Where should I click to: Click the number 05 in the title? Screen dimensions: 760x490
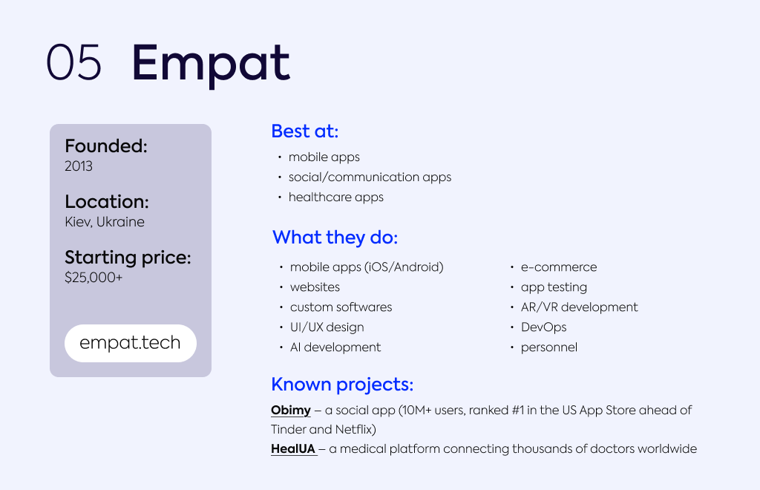(x=73, y=62)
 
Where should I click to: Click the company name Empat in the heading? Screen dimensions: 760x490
(x=211, y=65)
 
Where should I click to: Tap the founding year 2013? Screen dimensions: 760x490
(x=79, y=166)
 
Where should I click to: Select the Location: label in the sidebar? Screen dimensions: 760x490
(x=107, y=202)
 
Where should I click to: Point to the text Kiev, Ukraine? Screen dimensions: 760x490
(x=105, y=222)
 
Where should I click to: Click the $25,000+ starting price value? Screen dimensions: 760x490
(x=94, y=277)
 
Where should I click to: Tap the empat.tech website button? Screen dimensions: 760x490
(x=131, y=343)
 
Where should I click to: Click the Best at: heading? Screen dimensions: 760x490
(x=305, y=131)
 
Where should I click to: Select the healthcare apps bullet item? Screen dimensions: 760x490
(x=336, y=197)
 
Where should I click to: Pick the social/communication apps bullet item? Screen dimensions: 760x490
(x=370, y=177)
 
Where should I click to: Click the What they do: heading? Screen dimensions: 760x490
(x=335, y=238)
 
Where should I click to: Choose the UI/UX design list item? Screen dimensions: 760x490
(x=327, y=327)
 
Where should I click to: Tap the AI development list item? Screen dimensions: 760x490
(x=335, y=347)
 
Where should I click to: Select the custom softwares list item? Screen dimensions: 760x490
(x=341, y=307)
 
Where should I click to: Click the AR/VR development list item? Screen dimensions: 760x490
(x=579, y=307)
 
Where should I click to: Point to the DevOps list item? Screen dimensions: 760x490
(x=544, y=327)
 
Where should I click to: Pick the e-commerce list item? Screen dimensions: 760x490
(x=559, y=267)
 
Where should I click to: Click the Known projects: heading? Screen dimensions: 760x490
(x=342, y=385)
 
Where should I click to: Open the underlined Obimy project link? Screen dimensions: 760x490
(x=291, y=411)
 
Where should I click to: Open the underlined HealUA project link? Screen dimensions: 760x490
(x=294, y=449)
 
